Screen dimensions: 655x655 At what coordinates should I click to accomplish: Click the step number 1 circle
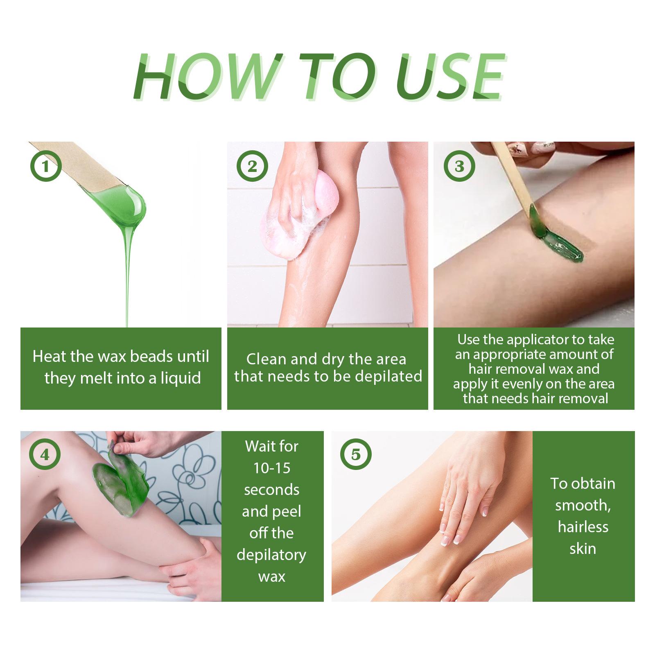tap(46, 167)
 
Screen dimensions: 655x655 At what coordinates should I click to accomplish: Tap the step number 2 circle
tap(253, 167)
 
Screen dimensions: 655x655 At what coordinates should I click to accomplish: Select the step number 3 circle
tap(459, 167)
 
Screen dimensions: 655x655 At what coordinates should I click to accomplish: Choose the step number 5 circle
tap(356, 455)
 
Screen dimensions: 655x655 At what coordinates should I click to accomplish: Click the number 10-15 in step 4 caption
tap(272, 468)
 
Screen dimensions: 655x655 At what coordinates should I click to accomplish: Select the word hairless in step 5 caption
tap(583, 527)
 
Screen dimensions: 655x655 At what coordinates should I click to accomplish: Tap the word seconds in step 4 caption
tap(272, 490)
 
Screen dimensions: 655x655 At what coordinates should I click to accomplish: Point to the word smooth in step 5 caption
tap(583, 506)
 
